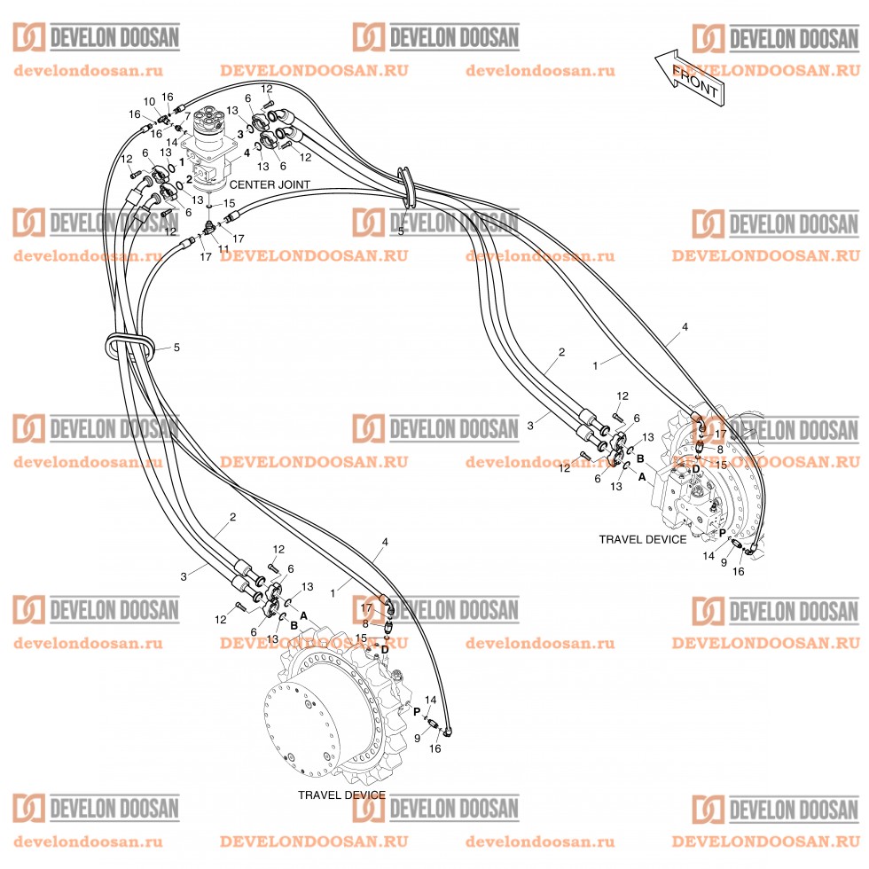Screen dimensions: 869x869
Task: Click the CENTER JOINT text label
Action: click(x=270, y=184)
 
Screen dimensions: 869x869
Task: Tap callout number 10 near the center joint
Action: click(x=149, y=102)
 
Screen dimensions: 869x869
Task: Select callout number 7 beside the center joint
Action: click(x=186, y=116)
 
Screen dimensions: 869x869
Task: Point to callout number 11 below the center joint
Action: click(x=223, y=249)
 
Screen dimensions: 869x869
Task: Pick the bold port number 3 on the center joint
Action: click(x=239, y=133)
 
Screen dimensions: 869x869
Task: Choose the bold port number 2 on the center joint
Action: click(x=189, y=178)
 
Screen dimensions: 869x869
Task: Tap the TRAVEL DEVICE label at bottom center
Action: click(x=341, y=795)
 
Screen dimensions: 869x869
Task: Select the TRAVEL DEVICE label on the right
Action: click(x=642, y=539)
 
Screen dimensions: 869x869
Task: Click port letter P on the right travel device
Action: click(x=722, y=532)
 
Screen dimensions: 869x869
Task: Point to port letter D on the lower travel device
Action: click(x=384, y=650)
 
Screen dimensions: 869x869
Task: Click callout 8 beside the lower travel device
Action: click(x=365, y=623)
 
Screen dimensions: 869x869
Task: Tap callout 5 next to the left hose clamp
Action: click(x=176, y=348)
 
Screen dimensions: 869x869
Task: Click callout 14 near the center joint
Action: click(x=173, y=142)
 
